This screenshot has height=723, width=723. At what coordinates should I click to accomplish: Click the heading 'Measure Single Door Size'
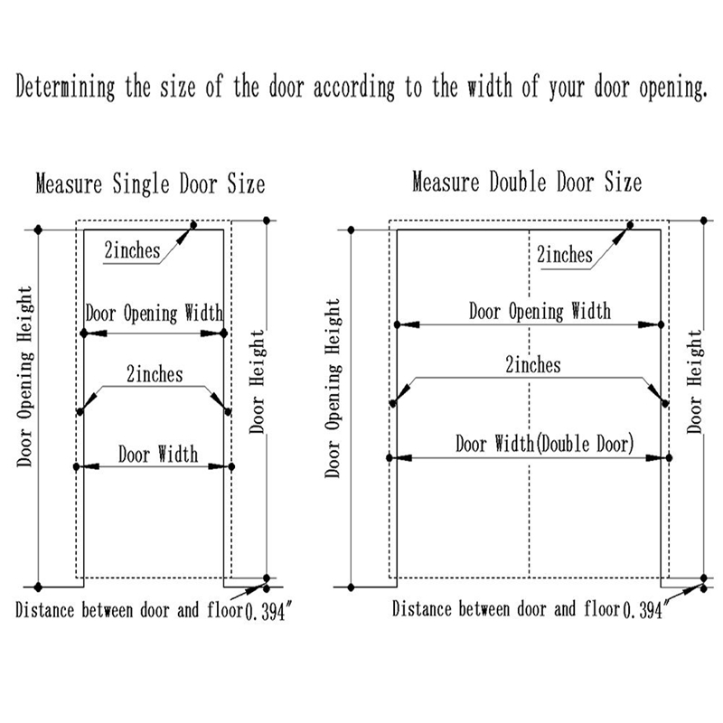coord(150,184)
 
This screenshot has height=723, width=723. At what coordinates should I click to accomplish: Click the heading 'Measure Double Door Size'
coord(527,183)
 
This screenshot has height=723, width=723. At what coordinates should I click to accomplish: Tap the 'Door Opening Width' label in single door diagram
coord(154,315)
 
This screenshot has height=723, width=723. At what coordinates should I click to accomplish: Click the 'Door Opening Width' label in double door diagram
coord(540,312)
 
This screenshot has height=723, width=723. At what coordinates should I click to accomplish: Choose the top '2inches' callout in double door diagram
coord(565,255)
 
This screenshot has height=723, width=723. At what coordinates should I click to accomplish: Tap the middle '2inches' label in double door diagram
coord(532,365)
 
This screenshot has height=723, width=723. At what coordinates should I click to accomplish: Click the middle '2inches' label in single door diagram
coord(155,374)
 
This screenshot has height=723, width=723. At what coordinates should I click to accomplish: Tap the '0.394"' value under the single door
coord(270,613)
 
